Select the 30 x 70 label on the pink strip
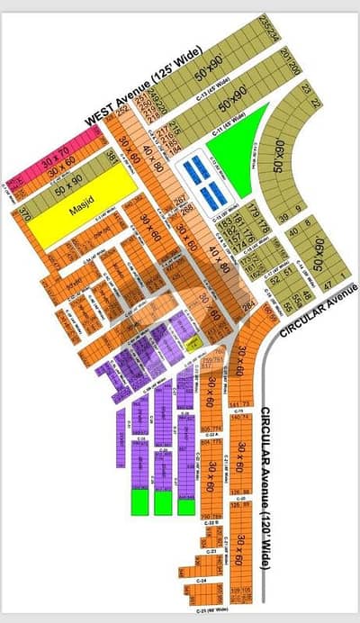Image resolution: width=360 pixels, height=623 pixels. [x=57, y=150]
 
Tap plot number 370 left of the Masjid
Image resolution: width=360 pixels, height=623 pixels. [x=24, y=216]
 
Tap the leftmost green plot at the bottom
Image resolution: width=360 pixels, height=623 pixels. [x=139, y=501]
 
